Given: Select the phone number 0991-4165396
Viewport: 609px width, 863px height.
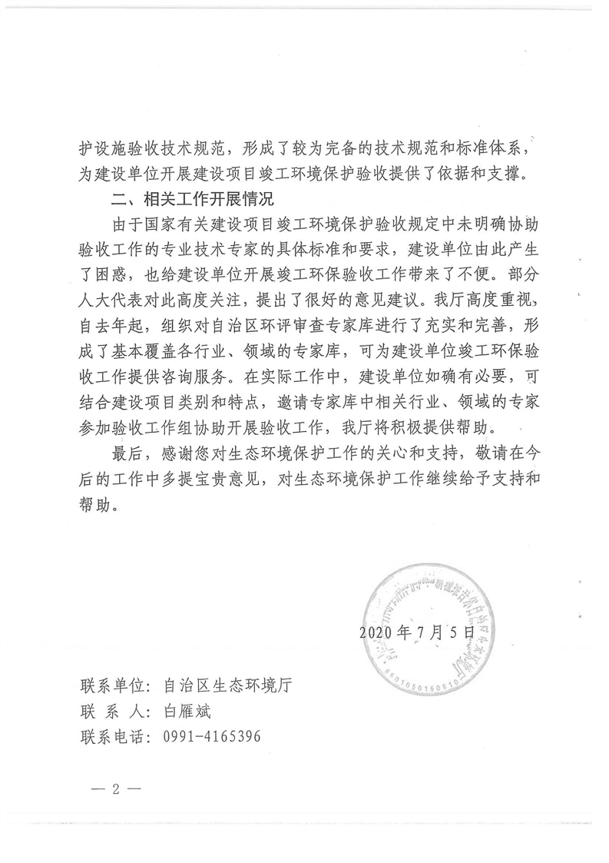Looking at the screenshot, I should point(212,737).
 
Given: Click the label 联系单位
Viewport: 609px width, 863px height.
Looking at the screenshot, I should point(114,683).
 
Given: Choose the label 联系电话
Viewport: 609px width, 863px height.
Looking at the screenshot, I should point(114,737).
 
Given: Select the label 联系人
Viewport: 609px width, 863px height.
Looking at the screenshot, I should point(114,710).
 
